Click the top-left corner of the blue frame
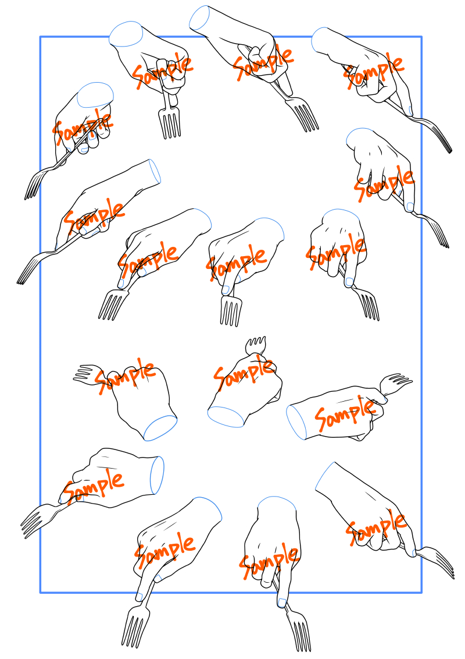pyautogui.click(x=40, y=37)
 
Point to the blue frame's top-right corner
pyautogui.click(x=421, y=37)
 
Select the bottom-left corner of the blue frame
pyautogui.click(x=40, y=593)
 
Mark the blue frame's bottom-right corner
pyautogui.click(x=421, y=593)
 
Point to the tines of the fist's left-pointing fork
pyautogui.click(x=87, y=373)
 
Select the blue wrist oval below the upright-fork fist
pyautogui.click(x=226, y=417)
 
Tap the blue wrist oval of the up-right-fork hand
pyautogui.click(x=295, y=423)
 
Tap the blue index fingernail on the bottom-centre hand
pyautogui.click(x=282, y=603)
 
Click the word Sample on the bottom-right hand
pyautogui.click(x=376, y=528)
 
